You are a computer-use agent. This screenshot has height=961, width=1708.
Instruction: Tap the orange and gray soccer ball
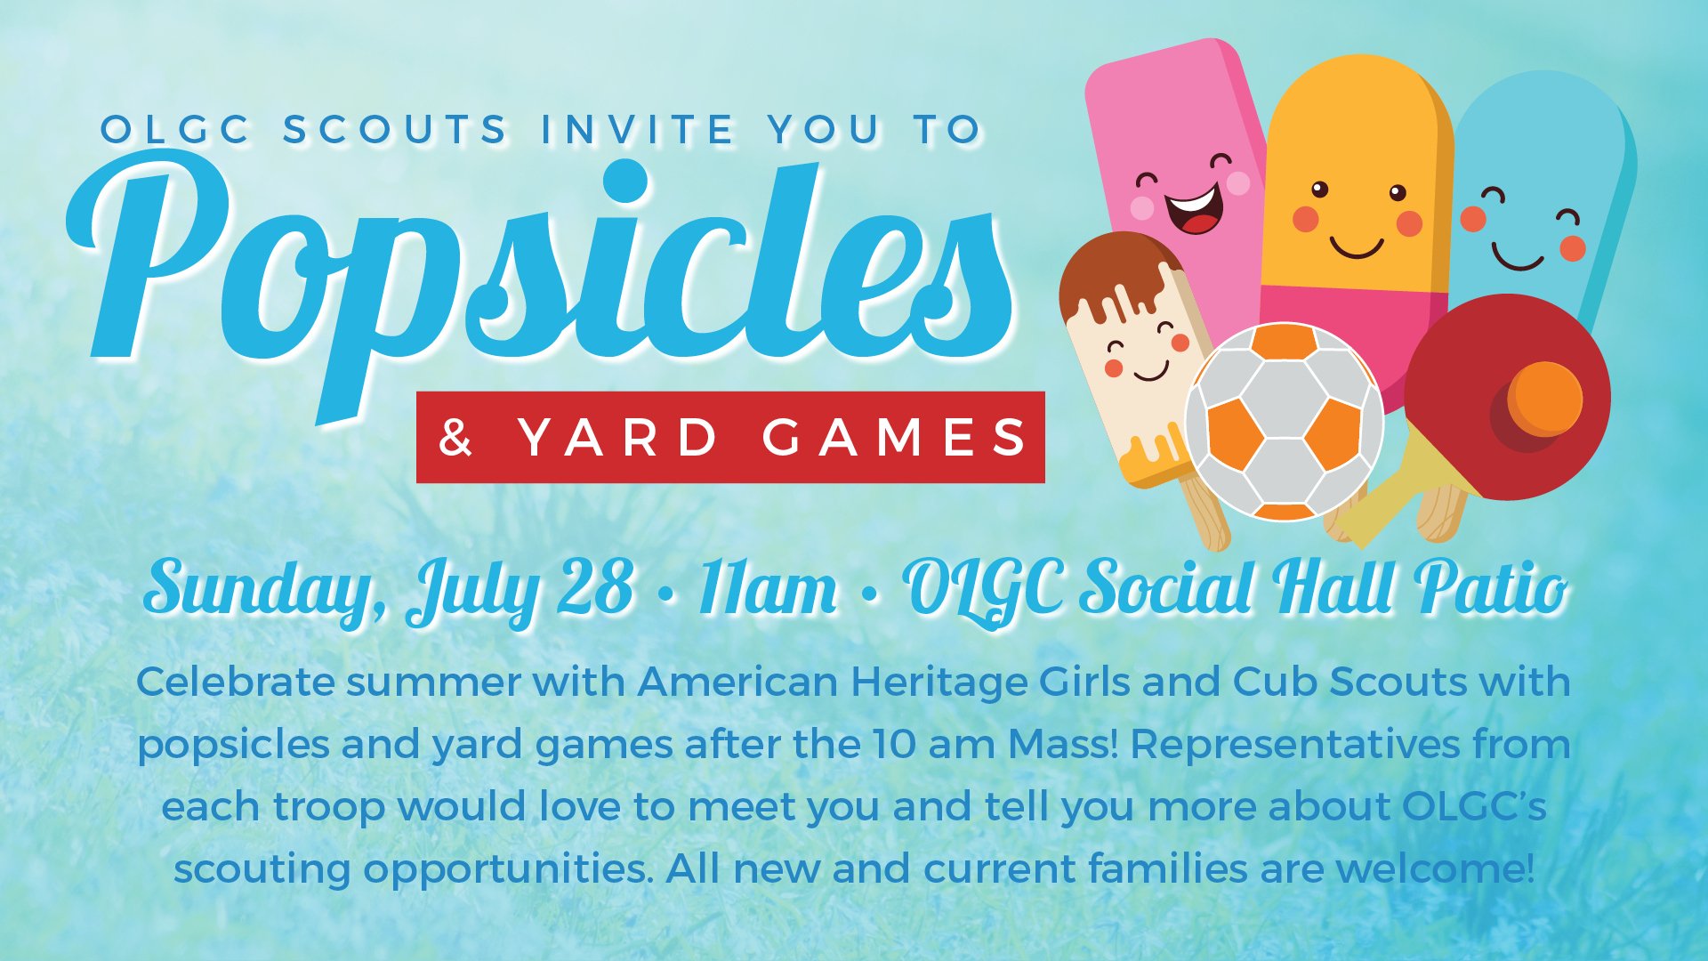coord(1284,422)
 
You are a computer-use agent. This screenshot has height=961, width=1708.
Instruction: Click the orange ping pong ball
coord(1544,398)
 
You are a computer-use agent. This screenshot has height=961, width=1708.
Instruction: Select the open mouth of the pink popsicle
coord(1195,210)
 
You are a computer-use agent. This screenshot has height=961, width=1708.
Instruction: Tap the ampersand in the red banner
coord(455,438)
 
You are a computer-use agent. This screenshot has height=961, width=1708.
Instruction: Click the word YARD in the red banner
coord(618,438)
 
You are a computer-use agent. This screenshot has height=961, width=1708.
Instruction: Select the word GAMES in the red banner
coord(894,438)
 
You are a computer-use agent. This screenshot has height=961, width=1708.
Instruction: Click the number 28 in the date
coord(594,587)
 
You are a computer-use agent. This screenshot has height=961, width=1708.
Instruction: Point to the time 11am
coord(768,588)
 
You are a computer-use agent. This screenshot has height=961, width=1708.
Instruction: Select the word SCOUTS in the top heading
coord(395,130)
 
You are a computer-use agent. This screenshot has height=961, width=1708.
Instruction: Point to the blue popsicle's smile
coord(1518,258)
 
